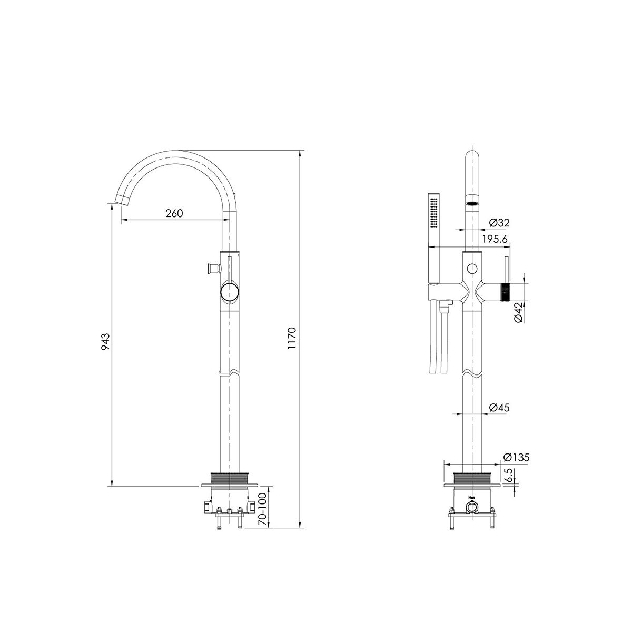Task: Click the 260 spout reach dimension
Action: pyautogui.click(x=174, y=213)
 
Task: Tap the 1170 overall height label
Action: pyautogui.click(x=292, y=338)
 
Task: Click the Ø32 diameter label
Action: pyautogui.click(x=499, y=223)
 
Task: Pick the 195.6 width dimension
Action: pyautogui.click(x=495, y=240)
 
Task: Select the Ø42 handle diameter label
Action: pyautogui.click(x=518, y=312)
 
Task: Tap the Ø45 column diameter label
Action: pyautogui.click(x=499, y=408)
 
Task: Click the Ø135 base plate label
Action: pyautogui.click(x=517, y=457)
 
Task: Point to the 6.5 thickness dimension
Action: pyautogui.click(x=508, y=475)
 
